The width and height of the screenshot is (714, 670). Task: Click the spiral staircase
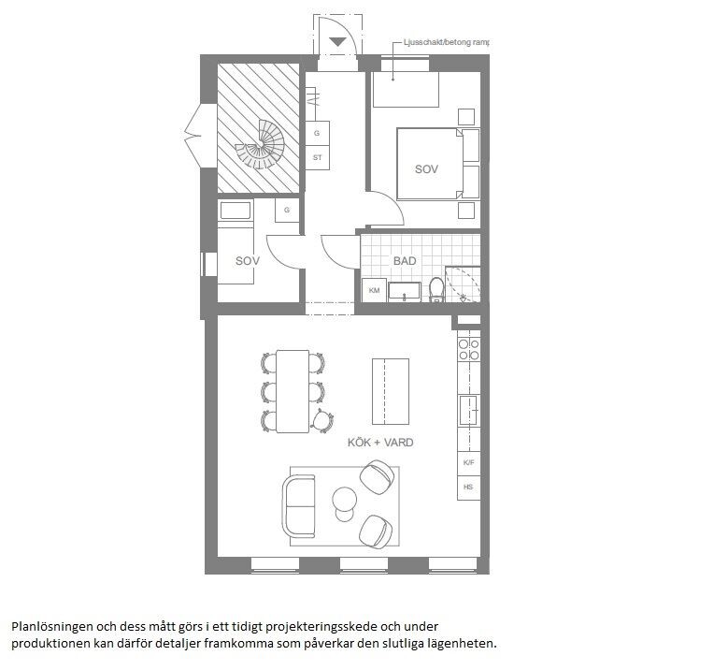(x=261, y=145)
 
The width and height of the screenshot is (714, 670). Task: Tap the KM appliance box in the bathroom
(x=374, y=290)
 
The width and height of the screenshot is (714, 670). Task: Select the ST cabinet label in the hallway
(x=318, y=157)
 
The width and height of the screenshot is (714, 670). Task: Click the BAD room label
(x=405, y=261)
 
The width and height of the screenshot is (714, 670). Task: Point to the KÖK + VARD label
(x=380, y=443)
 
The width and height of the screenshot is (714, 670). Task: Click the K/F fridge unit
(x=468, y=462)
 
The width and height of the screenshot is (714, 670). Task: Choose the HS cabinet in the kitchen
(x=468, y=488)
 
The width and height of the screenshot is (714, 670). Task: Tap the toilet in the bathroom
(x=436, y=290)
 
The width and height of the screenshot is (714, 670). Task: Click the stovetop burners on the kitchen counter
(x=468, y=349)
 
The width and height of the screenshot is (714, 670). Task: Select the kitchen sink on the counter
(x=468, y=410)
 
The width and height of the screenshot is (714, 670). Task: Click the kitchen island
(x=391, y=391)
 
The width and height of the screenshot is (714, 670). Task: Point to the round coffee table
(x=344, y=499)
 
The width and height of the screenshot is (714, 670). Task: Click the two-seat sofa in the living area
(x=299, y=506)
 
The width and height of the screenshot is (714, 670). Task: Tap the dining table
(x=293, y=391)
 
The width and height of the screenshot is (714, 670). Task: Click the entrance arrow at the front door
(x=337, y=42)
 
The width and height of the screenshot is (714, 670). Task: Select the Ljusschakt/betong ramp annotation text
(x=447, y=42)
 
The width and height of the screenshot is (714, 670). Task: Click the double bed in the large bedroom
(x=430, y=164)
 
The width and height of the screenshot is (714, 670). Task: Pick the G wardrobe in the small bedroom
(x=287, y=211)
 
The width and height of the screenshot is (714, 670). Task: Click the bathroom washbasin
(x=405, y=291)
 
